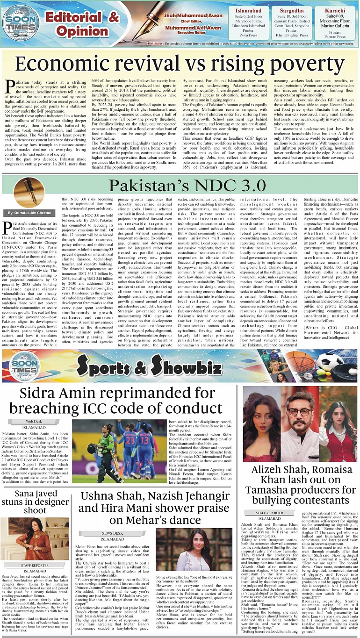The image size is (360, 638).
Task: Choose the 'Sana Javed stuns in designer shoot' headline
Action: pos(35,502)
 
